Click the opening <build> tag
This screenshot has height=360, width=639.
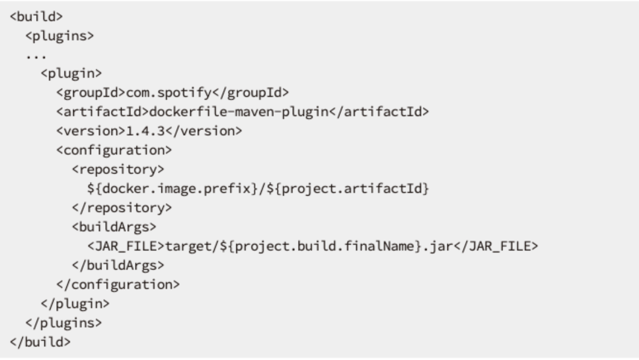pos(36,16)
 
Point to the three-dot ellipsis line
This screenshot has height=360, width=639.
pos(36,57)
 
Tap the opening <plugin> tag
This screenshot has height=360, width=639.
pos(71,73)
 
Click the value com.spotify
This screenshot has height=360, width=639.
pos(169,93)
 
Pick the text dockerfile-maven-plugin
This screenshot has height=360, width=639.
pos(239,112)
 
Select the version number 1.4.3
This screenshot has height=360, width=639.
pos(145,131)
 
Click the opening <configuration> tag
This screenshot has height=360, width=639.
pos(114,150)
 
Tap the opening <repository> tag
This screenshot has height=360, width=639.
pos(118,169)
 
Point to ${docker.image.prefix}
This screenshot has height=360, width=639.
pos(173,189)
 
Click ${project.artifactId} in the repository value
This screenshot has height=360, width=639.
pos(347,189)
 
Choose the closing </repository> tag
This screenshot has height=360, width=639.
pos(122,208)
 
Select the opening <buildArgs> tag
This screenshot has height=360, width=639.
pos(114,227)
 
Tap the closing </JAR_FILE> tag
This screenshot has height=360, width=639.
pos(496,246)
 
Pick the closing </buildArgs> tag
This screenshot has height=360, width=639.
pos(118,265)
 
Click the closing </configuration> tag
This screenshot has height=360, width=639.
pos(118,285)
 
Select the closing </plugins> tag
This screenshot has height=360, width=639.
pos(64,323)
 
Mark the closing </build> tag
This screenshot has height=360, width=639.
pos(40,342)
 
